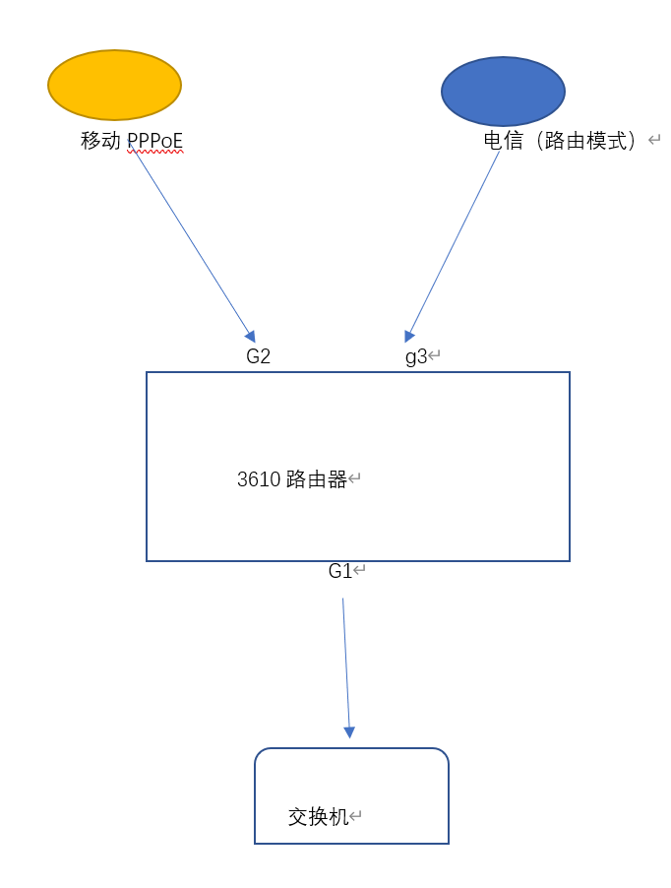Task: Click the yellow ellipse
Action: [x=114, y=85]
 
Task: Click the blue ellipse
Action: [x=503, y=92]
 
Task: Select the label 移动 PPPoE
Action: [x=132, y=141]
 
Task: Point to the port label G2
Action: [x=258, y=356]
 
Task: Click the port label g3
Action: [x=416, y=356]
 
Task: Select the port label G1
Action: [x=340, y=571]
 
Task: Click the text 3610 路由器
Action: [x=292, y=479]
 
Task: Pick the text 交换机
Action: [x=318, y=817]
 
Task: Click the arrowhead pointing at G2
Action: [x=250, y=337]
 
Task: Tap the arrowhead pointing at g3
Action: [x=409, y=337]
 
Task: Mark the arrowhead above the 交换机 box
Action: [x=349, y=732]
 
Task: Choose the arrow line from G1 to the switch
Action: [x=346, y=668]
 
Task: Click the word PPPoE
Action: [x=154, y=141]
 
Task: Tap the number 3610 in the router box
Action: [x=259, y=479]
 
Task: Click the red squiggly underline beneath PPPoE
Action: [x=155, y=152]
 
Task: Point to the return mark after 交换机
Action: [x=355, y=816]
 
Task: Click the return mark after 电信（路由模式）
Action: [x=654, y=140]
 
